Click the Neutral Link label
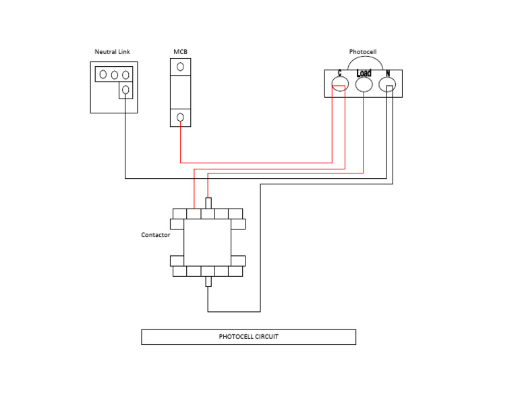pyautogui.click(x=112, y=52)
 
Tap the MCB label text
pyautogui.click(x=180, y=52)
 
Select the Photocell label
pyautogui.click(x=363, y=52)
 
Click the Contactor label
pyautogui.click(x=155, y=235)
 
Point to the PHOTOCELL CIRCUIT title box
pyautogui.click(x=248, y=337)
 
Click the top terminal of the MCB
pyautogui.click(x=180, y=67)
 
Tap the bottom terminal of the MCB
pyautogui.click(x=180, y=117)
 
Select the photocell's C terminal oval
pyautogui.click(x=340, y=84)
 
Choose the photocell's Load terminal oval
pyautogui.click(x=364, y=84)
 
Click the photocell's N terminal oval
pyautogui.click(x=386, y=84)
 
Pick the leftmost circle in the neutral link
pyautogui.click(x=103, y=74)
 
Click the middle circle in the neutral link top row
pyautogui.click(x=115, y=74)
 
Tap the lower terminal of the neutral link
pyautogui.click(x=125, y=90)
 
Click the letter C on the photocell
pyautogui.click(x=339, y=73)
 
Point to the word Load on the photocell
pyautogui.click(x=364, y=73)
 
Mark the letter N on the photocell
pyautogui.click(x=388, y=73)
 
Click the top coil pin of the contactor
pyautogui.click(x=208, y=203)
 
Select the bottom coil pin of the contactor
pyautogui.click(x=208, y=282)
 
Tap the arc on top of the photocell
pyautogui.click(x=363, y=60)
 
